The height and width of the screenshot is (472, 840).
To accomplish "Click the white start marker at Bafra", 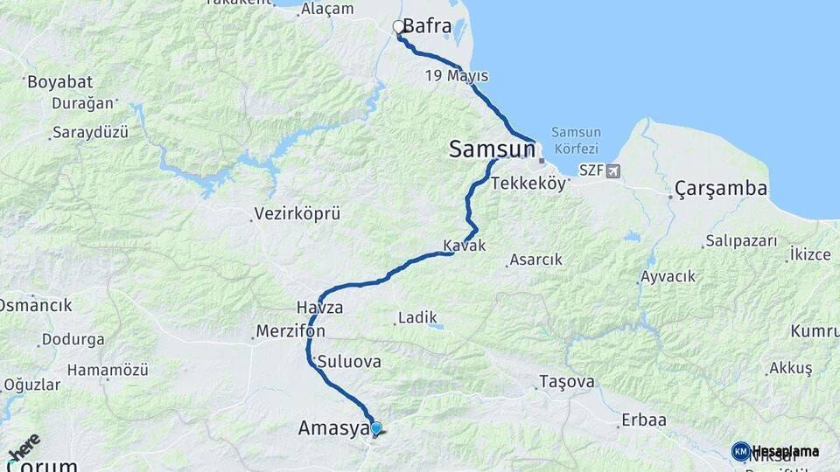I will pos(399,27).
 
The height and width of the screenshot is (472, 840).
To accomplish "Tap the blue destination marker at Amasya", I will pos(376,428).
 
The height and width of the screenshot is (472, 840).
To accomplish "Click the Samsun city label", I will pos(491,149).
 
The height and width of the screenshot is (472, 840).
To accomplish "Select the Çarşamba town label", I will pos(721,188).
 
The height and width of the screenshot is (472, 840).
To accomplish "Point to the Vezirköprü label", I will pos(297,213).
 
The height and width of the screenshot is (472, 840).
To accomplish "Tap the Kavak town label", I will pos(464,246).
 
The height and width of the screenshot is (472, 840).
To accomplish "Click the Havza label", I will pos(319,308).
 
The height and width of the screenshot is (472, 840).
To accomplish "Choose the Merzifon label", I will pos(290,332).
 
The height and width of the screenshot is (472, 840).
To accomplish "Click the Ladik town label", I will pos(417,318).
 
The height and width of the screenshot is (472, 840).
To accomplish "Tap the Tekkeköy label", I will pos(528,184).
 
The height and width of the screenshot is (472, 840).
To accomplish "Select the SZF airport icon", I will pos(611,170).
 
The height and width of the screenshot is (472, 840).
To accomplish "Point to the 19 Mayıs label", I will pos(456,75).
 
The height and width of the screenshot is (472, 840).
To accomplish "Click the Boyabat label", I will pos(59,82).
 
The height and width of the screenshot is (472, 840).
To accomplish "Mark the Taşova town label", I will pos(567,382).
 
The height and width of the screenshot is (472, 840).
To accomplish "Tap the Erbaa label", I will pos(644,420).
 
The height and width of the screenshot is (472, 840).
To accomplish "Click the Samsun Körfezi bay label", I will pos(575,140).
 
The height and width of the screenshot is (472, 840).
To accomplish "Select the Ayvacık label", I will pos(668,276).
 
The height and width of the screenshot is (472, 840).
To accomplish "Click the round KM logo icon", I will pos(741,451).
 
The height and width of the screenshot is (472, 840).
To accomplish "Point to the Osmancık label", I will pos(36,306).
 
